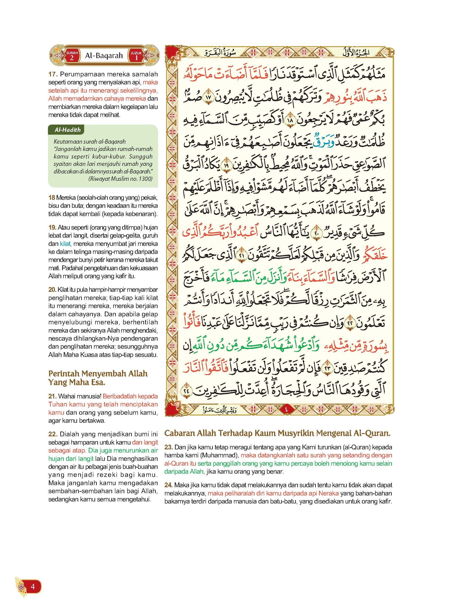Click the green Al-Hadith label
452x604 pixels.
tap(68, 130)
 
